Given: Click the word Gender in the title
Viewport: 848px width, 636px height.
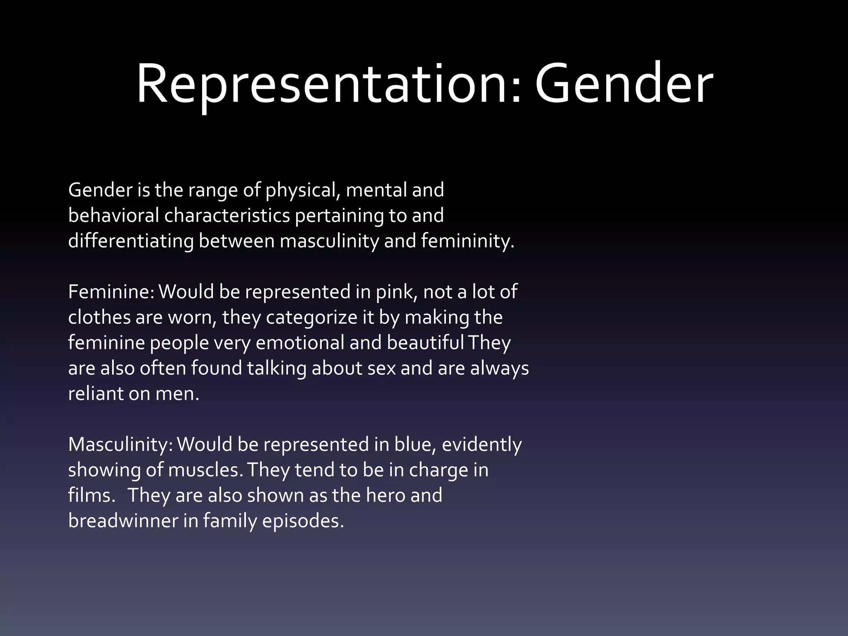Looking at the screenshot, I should tap(624, 85).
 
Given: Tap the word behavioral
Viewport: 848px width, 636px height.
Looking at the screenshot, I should tap(113, 216).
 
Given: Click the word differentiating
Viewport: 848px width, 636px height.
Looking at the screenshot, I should tap(131, 241).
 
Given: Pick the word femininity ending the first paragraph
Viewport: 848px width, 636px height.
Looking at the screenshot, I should tap(467, 241).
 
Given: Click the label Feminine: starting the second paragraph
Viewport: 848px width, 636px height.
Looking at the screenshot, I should tap(111, 292).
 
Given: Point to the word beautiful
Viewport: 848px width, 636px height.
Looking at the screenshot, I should tap(425, 343).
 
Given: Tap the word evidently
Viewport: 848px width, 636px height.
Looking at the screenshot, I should tap(482, 445).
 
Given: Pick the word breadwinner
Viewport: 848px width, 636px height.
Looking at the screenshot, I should tap(123, 521).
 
